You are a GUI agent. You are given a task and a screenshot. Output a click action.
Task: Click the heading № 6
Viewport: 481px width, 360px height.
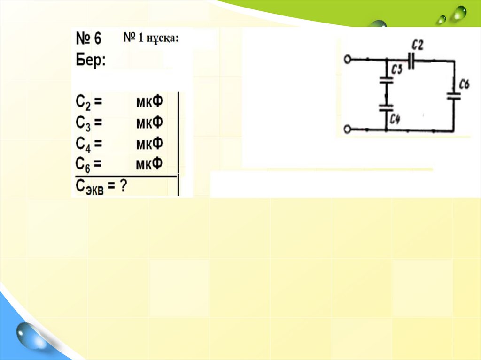[x=89, y=38]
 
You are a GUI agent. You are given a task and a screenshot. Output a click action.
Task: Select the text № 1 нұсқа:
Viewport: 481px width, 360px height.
[x=151, y=38]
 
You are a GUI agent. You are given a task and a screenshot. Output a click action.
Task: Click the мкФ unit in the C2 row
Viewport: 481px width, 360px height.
[x=149, y=101]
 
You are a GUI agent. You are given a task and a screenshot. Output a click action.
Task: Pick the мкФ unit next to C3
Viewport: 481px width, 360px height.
[x=149, y=123]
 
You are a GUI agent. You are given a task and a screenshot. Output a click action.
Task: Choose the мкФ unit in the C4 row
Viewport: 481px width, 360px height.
[x=149, y=143]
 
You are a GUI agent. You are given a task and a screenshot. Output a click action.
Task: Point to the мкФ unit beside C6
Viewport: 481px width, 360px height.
[x=149, y=164]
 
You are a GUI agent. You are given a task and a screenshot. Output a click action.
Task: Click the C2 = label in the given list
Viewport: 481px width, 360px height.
[x=89, y=102]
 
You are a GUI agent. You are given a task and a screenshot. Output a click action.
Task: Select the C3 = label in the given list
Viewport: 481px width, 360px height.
[x=89, y=123]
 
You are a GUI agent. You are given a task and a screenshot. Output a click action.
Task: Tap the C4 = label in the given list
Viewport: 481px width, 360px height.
[x=89, y=144]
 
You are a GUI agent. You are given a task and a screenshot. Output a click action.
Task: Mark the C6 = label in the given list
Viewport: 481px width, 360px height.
[x=89, y=164]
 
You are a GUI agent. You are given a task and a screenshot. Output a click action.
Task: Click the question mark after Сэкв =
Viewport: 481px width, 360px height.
[x=123, y=186]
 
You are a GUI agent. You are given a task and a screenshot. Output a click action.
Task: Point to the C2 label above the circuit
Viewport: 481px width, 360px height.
[x=417, y=46]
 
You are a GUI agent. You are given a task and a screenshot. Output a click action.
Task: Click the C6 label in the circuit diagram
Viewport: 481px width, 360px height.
[x=465, y=85]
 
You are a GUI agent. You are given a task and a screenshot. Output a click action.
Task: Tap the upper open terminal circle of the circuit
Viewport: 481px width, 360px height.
[x=348, y=60]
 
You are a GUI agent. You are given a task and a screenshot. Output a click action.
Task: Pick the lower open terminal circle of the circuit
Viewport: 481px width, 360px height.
[x=348, y=130]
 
